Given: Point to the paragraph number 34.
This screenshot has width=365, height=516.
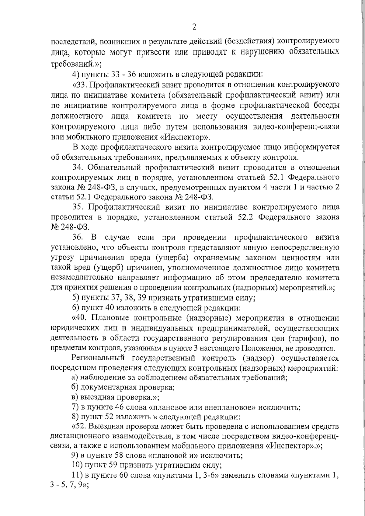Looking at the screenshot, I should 77,167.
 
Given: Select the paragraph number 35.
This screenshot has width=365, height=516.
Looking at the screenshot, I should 77,207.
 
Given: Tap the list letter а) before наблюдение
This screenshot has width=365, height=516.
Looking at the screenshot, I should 75,378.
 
